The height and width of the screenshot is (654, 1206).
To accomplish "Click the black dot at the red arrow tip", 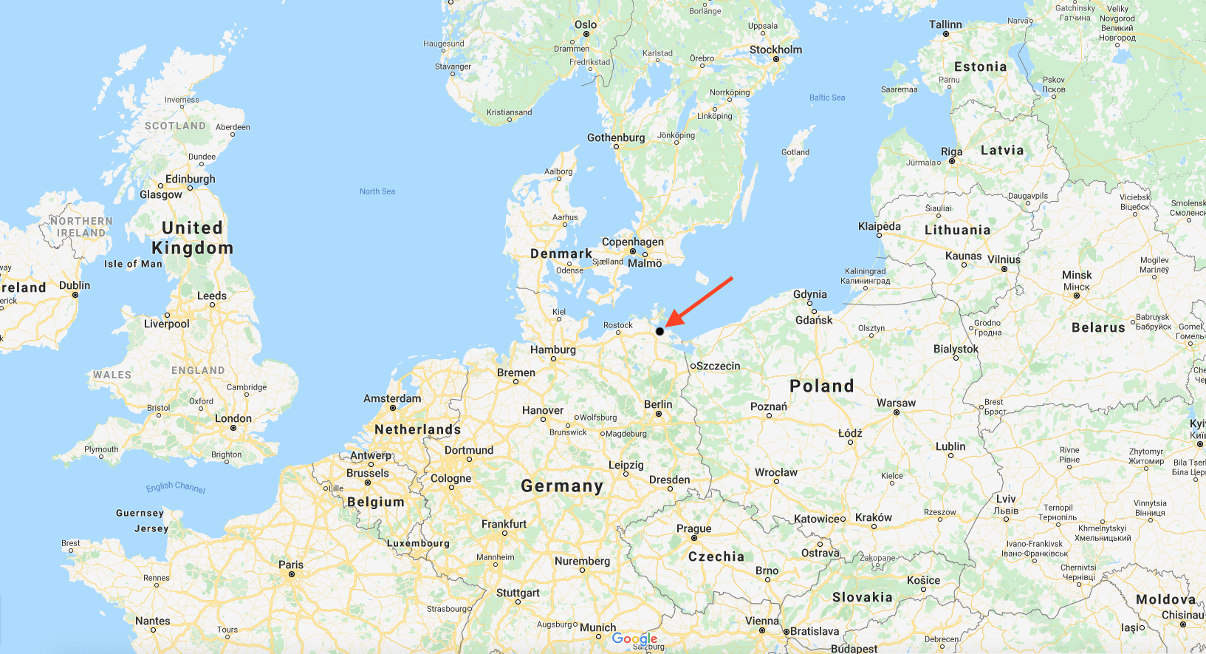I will [659, 331].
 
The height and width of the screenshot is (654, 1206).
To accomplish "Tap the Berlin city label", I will [658, 404].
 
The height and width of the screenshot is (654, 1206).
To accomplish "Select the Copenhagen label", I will [632, 242].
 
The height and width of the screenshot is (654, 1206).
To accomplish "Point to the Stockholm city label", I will [775, 50].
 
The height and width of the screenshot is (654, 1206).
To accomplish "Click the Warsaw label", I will [896, 403].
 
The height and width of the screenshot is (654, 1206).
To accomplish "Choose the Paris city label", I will [291, 565].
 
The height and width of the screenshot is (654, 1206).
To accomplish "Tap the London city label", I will [233, 418].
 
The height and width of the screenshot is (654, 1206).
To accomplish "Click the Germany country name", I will [562, 486].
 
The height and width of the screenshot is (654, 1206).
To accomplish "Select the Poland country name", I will [821, 386].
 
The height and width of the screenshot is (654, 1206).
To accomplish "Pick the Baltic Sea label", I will [827, 98].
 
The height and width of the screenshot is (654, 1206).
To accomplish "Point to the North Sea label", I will [377, 191].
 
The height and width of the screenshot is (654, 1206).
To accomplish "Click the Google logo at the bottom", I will [634, 638].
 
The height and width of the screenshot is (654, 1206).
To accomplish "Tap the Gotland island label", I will [795, 152].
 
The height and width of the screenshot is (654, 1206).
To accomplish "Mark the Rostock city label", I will [617, 325].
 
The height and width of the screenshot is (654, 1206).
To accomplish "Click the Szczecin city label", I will [718, 366].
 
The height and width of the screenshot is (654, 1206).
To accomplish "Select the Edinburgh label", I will [191, 179].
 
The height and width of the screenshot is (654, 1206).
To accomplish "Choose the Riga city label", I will [951, 151].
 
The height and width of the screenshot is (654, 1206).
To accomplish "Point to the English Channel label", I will [176, 487].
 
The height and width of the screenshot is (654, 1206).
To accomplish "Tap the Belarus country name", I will [1098, 327].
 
